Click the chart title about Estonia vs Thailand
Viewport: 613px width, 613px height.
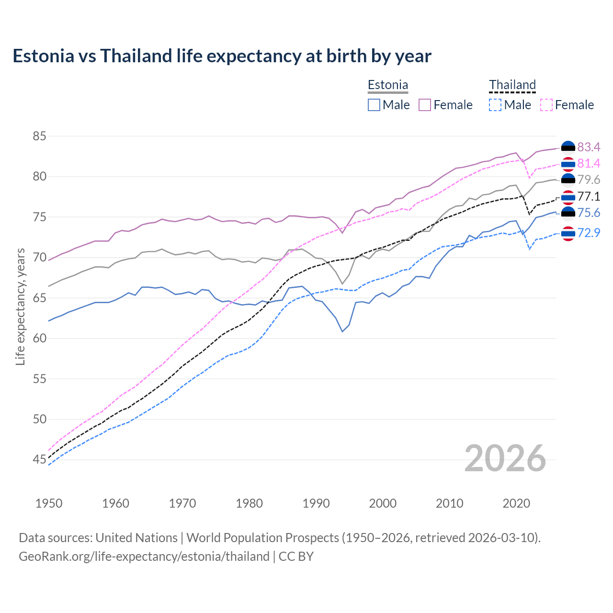pos(222,56)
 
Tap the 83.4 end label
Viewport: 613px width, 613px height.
pos(589,147)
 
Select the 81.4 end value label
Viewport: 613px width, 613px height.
pos(589,164)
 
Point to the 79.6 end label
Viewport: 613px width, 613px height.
pos(589,180)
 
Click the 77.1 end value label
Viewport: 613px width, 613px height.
pos(589,197)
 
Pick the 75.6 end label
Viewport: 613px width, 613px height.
pos(589,213)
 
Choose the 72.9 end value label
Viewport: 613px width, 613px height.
pos(589,233)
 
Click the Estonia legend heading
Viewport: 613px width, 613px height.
pos(388,85)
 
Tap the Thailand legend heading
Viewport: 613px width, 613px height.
pos(512,85)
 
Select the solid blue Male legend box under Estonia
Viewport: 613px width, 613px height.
pos(374,105)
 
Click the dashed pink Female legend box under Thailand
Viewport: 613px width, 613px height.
pos(546,105)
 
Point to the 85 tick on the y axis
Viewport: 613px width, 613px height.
pos(39,136)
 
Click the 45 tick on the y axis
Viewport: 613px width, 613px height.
pos(39,460)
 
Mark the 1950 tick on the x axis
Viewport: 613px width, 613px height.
pos(49,503)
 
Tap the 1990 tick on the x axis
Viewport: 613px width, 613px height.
pos(316,503)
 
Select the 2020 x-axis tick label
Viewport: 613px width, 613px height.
pos(516,503)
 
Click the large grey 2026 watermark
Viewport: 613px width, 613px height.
pos(505,459)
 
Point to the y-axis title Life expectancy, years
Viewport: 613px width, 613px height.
pos(21,306)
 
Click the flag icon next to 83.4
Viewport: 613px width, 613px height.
pos(568,147)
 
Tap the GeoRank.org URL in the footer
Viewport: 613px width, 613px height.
pos(144,556)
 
